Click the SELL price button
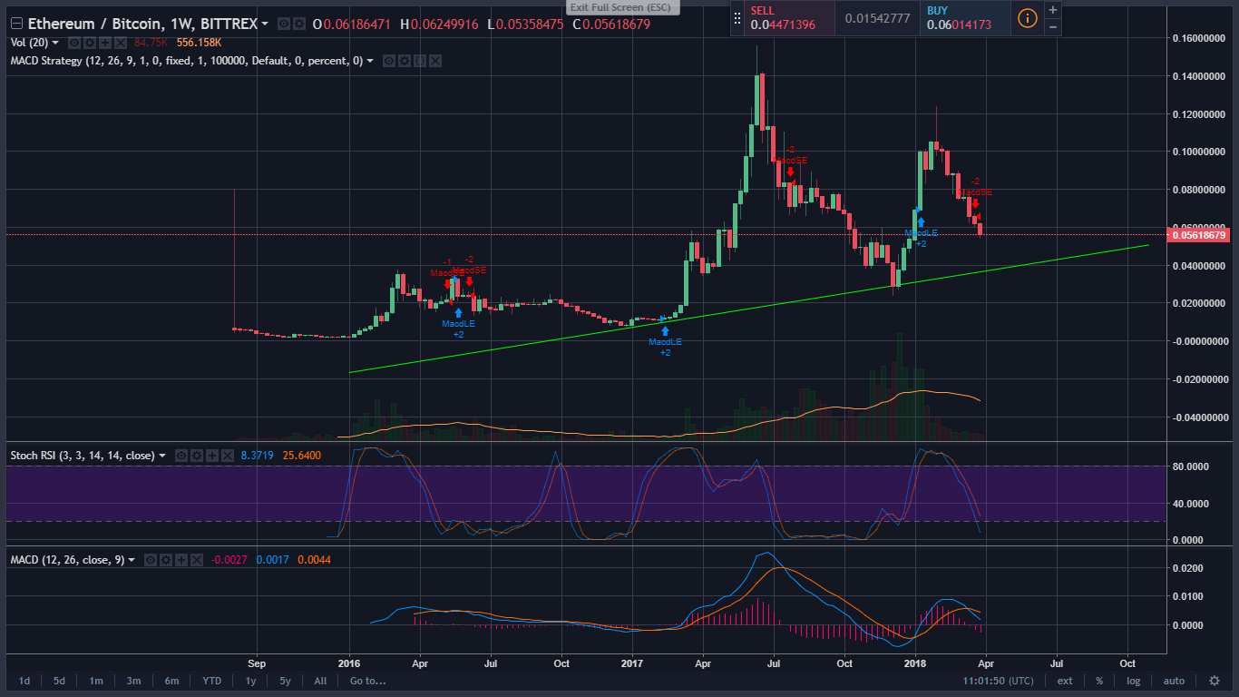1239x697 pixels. [x=782, y=18]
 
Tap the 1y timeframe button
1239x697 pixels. [x=251, y=681]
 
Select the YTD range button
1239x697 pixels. [x=211, y=681]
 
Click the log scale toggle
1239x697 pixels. [x=1134, y=681]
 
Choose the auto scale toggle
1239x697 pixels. [x=1174, y=681]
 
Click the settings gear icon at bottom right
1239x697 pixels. [x=1215, y=681]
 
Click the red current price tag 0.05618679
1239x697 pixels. [x=1200, y=235]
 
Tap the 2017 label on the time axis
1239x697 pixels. [x=631, y=663]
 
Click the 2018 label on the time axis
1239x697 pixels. [x=914, y=663]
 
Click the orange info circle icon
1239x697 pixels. [x=1027, y=18]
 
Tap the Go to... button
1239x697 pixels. [x=367, y=681]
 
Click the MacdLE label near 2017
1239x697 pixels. [x=665, y=342]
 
